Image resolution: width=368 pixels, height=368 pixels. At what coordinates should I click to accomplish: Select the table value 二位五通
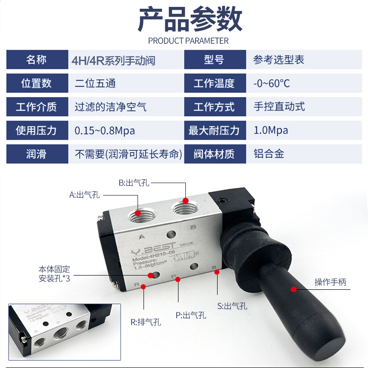point(95,84)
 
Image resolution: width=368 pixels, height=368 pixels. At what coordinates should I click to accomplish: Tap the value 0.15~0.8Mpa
point(105,131)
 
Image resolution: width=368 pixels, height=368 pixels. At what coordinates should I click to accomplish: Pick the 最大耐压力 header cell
point(214,131)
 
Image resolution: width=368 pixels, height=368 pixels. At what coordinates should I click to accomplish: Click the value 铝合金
point(269,154)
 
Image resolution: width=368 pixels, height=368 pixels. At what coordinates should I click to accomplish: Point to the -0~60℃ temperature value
point(271,84)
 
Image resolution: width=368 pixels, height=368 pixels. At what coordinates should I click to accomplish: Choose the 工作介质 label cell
point(36,107)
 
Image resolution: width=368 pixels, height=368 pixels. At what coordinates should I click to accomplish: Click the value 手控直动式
point(279,107)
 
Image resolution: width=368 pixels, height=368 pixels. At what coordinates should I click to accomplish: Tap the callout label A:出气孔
point(85,195)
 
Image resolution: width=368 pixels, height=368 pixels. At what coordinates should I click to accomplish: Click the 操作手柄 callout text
point(330,282)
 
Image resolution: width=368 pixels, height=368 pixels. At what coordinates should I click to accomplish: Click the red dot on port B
point(185,201)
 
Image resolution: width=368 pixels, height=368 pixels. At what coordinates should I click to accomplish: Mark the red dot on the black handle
point(293,289)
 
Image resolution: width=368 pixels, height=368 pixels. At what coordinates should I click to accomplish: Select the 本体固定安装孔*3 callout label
point(54,274)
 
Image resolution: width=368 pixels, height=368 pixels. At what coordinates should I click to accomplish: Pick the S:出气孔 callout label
point(232,306)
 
